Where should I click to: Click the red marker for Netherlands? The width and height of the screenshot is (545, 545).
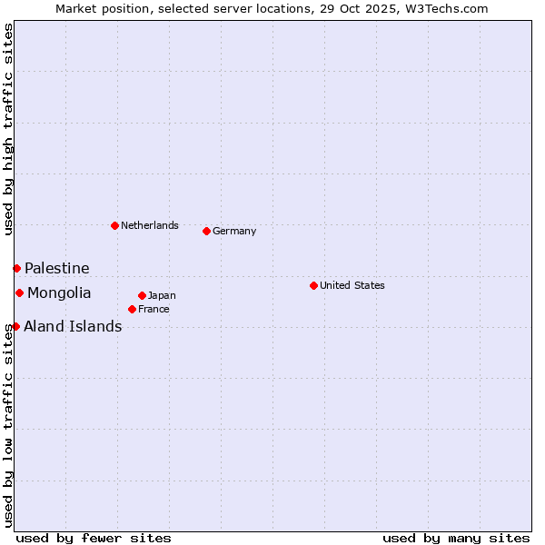[x=114, y=225]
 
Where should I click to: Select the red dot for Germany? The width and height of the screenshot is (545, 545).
[x=206, y=231]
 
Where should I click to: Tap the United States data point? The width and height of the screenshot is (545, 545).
[x=313, y=285]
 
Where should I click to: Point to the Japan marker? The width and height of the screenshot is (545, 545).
[x=142, y=295]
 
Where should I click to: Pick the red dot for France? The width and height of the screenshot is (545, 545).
[x=132, y=309]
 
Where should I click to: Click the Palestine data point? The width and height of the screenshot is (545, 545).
[x=16, y=268]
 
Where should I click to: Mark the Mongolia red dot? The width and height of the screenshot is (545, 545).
[x=19, y=292]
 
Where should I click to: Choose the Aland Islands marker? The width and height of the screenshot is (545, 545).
[x=15, y=326]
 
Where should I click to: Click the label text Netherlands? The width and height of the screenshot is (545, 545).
[x=150, y=225]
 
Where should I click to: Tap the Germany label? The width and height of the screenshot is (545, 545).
[x=234, y=231]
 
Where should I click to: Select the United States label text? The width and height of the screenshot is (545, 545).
[x=352, y=285]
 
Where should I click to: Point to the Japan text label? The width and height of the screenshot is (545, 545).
[x=162, y=295]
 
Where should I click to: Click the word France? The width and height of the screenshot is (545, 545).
[x=154, y=309]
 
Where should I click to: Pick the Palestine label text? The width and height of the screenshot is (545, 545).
[x=57, y=268]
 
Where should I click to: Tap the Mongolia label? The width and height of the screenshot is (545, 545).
[x=59, y=292]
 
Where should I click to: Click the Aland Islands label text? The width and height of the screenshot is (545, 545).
[x=73, y=326]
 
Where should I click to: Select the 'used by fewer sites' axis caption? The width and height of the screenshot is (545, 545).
[x=94, y=538]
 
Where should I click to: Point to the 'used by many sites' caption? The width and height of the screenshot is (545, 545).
[x=456, y=538]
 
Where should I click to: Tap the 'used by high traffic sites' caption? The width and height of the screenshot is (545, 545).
[x=8, y=129]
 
